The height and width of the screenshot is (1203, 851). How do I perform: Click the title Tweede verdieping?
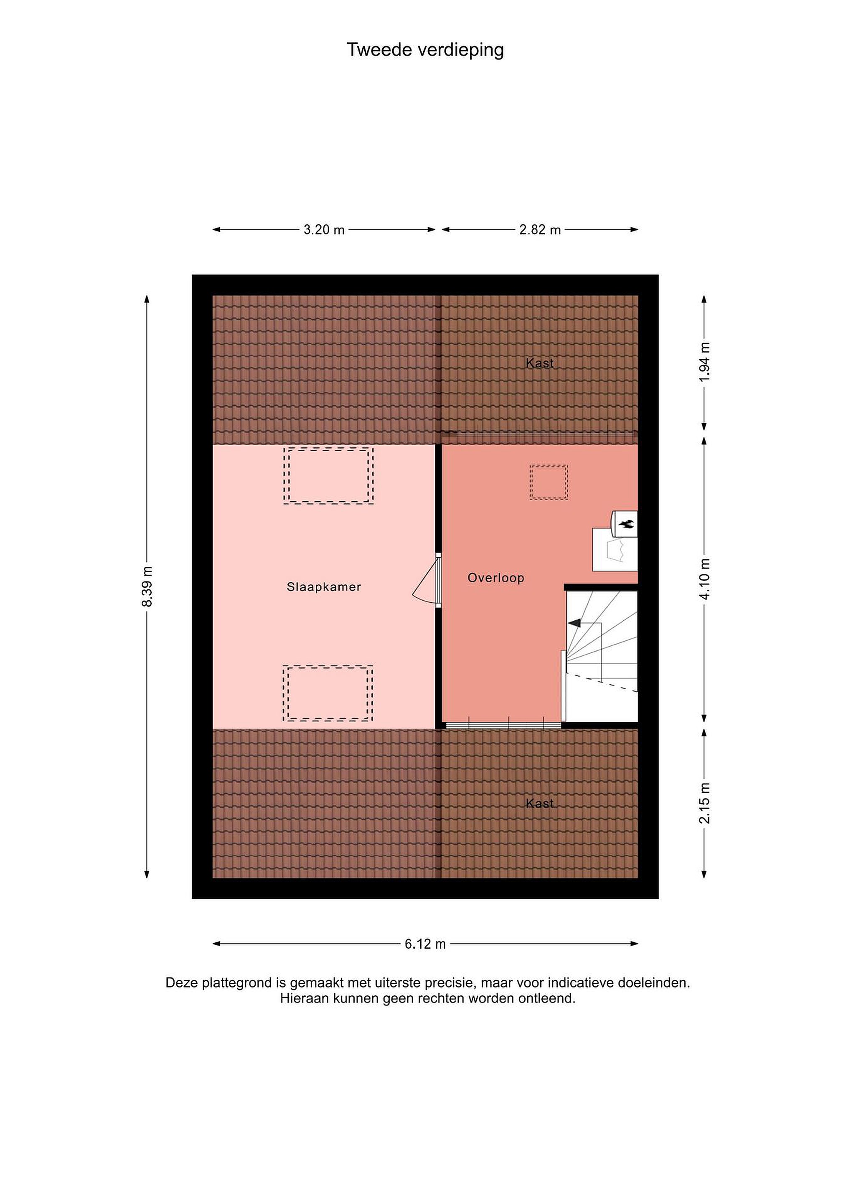425,50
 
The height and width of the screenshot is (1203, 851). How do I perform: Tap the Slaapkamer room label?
324,587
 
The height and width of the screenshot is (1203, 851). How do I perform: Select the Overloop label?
496,578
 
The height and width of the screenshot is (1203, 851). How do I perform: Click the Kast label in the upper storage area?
540,363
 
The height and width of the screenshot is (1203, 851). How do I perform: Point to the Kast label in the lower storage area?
540,803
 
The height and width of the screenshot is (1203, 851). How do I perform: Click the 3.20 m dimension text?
324,229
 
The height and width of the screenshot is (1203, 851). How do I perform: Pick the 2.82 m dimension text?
540,229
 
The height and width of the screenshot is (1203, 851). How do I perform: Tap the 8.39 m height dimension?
147,586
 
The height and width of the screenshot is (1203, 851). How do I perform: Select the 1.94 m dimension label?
705,362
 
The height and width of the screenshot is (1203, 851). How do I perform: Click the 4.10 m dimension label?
705,579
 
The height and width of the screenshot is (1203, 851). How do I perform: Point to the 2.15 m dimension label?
705,803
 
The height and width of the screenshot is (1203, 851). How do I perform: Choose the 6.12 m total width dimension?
425,944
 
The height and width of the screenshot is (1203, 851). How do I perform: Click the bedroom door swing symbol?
425,581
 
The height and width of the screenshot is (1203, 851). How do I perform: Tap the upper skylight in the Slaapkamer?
328,475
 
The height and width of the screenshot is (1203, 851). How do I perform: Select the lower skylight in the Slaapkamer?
328,694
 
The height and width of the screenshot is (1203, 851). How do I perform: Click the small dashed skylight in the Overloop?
549,482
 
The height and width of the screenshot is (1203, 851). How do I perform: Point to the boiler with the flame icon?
625,523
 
